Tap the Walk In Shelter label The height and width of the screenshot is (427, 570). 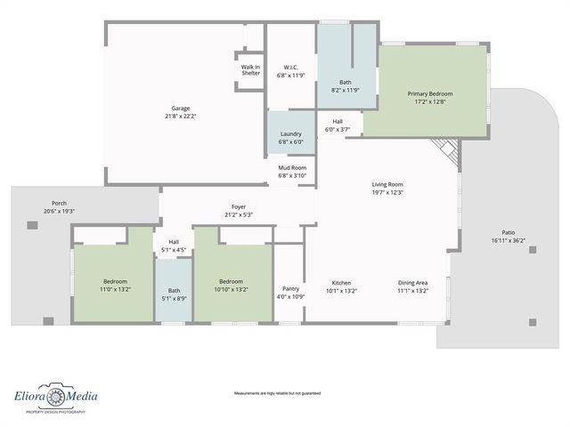[251, 69]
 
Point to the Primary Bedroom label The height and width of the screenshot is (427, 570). [430, 93]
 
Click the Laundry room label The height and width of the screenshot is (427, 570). [290, 134]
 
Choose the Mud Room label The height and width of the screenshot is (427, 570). [291, 167]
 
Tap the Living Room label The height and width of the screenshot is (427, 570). [387, 184]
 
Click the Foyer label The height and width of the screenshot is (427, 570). [239, 206]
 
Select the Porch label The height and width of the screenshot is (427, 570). [59, 203]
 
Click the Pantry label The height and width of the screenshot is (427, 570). [290, 288]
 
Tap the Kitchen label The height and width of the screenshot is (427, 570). [341, 282]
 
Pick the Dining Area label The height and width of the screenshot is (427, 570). [412, 282]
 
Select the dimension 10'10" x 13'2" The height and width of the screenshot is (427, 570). [231, 290]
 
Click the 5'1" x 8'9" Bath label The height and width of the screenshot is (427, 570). [174, 298]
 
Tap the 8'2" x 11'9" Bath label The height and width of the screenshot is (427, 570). [345, 90]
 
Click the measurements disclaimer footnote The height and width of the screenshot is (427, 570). [277, 393]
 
